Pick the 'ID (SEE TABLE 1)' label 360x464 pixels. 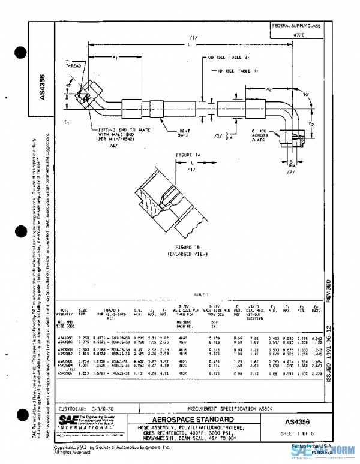(232, 70)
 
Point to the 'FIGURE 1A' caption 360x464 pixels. (187, 155)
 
